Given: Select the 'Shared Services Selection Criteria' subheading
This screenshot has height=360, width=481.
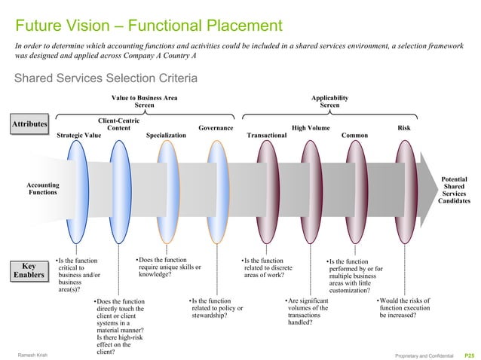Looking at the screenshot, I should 102,78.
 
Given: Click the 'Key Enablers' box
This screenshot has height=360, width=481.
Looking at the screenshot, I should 29,270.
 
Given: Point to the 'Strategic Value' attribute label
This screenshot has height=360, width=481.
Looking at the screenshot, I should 79,136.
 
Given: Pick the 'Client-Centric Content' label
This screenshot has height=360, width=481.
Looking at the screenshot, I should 118,124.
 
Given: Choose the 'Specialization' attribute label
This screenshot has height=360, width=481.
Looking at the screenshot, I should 166,136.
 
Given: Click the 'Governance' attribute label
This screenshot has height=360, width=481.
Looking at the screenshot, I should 216,128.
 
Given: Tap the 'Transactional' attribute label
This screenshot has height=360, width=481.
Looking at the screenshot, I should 267,136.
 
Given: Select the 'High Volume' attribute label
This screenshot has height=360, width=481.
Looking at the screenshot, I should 311,128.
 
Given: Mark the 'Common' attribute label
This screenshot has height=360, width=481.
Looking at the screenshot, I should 354,136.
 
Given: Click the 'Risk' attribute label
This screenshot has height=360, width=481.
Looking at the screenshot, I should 403,128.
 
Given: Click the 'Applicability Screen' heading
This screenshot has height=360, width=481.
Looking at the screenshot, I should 329,102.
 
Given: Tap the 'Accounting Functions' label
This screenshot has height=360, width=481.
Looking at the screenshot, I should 43,188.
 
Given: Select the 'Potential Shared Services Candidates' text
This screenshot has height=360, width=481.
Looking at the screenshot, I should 454,190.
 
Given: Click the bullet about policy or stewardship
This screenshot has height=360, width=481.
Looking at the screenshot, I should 216,308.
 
